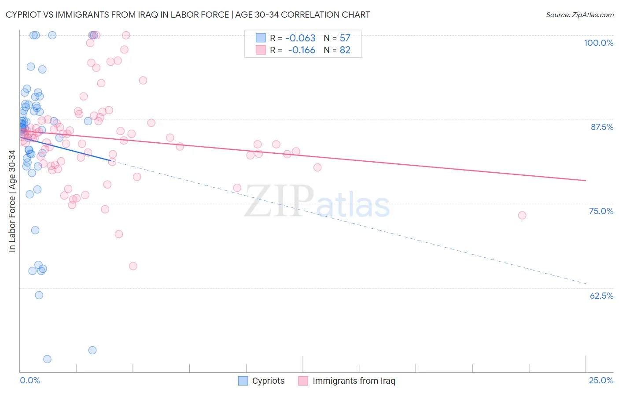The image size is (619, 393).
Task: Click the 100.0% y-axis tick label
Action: (598, 43)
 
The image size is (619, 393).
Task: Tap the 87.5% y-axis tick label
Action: (602, 127)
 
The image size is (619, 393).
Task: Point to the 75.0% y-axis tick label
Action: (601, 211)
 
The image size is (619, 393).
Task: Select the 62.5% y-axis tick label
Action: (601, 296)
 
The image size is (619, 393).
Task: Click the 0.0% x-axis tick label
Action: (30, 380)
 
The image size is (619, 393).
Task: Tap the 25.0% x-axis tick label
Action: (601, 380)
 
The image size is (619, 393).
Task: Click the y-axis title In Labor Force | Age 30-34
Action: (12, 201)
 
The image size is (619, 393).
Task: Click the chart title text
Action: (188, 15)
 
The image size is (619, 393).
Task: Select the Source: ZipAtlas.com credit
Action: (579, 15)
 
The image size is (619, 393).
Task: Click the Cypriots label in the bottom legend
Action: (268, 381)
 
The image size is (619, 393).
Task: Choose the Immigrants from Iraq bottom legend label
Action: (354, 381)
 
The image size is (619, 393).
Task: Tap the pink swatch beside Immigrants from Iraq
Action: (303, 381)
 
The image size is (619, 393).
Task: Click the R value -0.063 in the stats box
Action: (300, 38)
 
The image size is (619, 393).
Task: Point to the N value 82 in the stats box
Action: (345, 50)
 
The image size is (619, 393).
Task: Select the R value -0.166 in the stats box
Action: (302, 50)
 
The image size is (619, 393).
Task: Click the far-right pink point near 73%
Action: (522, 215)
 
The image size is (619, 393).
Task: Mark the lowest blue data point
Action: (47, 359)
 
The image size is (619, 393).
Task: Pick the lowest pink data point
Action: (133, 266)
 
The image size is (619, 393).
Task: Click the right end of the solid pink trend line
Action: (586, 181)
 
